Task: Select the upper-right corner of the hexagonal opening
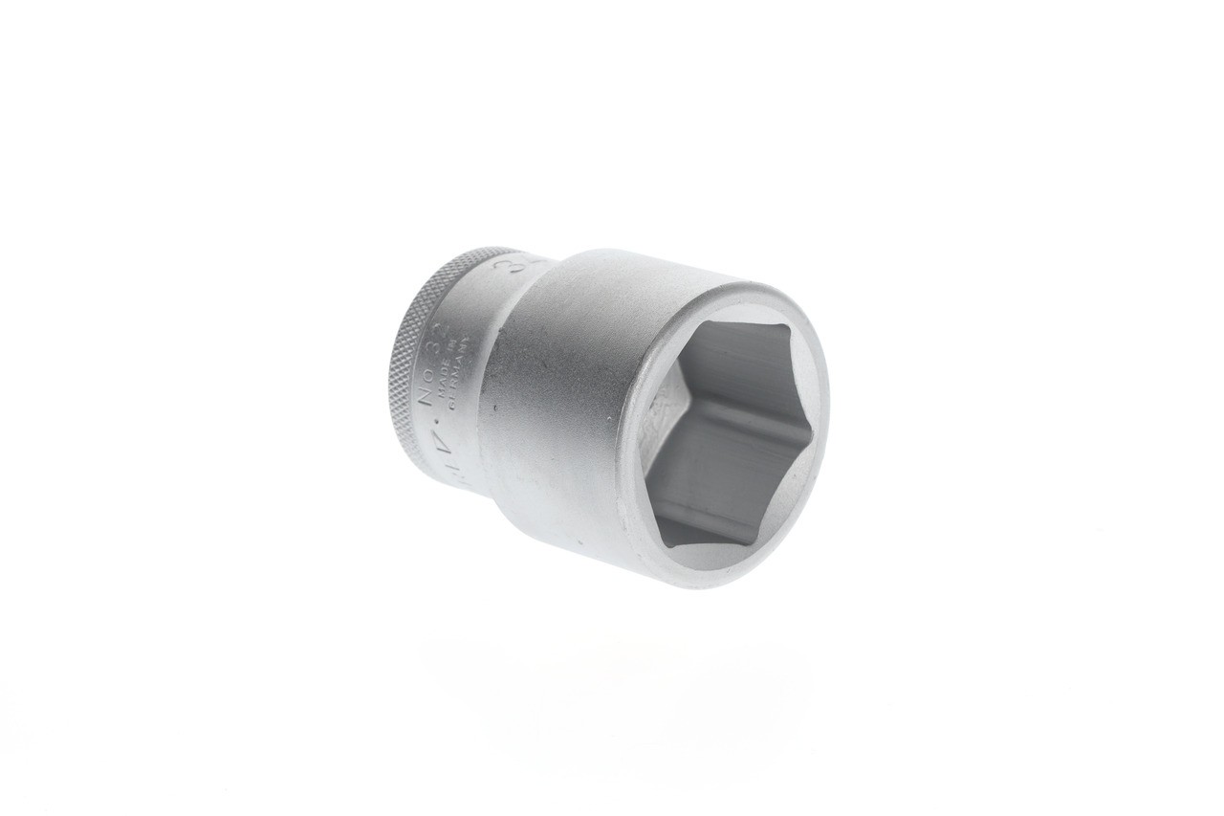click(x=789, y=330)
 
